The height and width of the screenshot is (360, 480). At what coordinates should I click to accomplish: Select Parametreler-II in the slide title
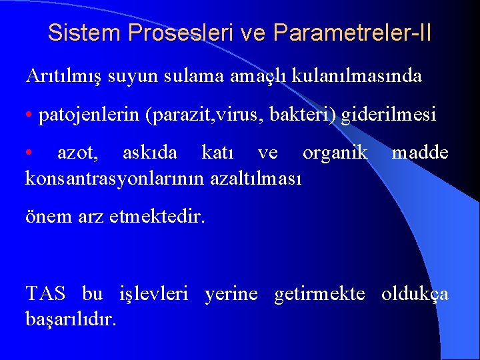[x=352, y=33]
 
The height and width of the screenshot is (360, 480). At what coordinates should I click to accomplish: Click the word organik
[x=335, y=153]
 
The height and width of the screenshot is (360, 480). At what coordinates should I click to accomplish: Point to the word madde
[x=420, y=153]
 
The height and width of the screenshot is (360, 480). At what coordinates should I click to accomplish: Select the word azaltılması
[x=256, y=178]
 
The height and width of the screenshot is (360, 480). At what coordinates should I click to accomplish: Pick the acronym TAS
[x=45, y=293]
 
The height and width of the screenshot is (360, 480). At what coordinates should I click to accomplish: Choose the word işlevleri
[x=153, y=293]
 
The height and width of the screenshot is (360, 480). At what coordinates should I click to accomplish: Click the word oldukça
[x=415, y=294]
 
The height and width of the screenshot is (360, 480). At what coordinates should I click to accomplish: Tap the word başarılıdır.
[x=70, y=319]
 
